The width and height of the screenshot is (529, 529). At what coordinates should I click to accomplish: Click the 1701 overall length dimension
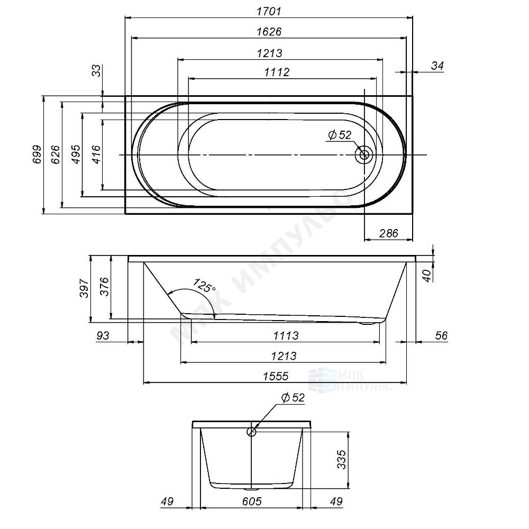269,12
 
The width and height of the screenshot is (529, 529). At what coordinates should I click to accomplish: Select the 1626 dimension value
269,32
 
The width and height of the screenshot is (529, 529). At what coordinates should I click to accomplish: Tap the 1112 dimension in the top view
277,72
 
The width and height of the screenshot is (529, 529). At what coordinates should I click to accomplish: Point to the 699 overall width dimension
37,154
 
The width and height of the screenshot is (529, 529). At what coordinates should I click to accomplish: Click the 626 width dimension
56,154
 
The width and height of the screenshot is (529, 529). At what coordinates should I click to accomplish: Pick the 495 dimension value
77,154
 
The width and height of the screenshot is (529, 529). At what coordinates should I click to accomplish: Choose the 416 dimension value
97,154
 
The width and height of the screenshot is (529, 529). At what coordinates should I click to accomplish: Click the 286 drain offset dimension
389,233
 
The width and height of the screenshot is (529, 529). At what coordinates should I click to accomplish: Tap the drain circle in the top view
364,155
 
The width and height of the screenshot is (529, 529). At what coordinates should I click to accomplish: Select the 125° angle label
204,286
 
